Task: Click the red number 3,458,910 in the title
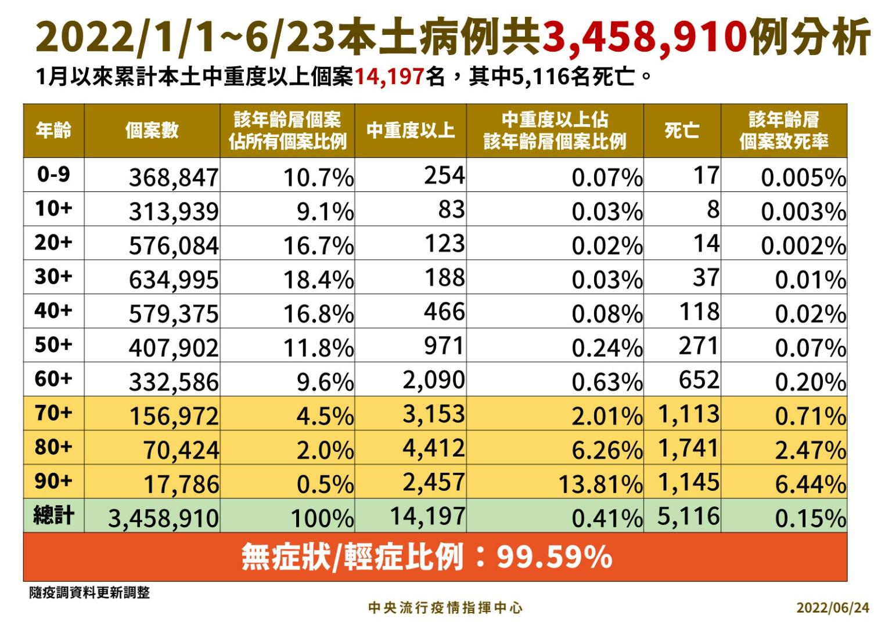(x=644, y=37)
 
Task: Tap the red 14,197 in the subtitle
(x=389, y=77)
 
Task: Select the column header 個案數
(x=152, y=131)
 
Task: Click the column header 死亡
(x=682, y=131)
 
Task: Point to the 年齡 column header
(x=53, y=131)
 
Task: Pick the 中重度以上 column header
(x=410, y=131)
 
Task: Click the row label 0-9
(x=53, y=174)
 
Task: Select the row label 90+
(x=53, y=481)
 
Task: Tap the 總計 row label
(x=53, y=515)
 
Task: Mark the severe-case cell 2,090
(x=434, y=381)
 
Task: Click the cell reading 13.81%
(x=600, y=484)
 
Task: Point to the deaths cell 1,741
(x=689, y=448)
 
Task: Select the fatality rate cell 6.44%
(x=810, y=484)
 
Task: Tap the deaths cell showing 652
(x=699, y=381)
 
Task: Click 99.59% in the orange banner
(x=554, y=557)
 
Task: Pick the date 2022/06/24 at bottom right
(x=833, y=608)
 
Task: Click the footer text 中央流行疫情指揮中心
(x=445, y=608)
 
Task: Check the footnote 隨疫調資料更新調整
(x=89, y=593)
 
